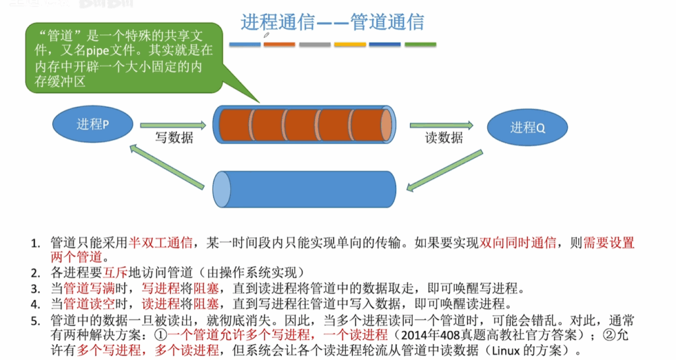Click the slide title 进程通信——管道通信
click(x=333, y=22)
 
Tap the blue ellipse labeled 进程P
click(x=92, y=124)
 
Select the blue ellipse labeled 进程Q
click(x=527, y=127)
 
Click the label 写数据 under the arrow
click(x=174, y=137)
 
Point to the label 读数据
click(x=444, y=137)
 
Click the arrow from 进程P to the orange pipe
click(x=174, y=126)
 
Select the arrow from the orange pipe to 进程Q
click(x=442, y=126)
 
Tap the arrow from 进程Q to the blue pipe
click(x=444, y=170)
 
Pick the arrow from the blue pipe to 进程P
click(x=167, y=167)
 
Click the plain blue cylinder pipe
click(x=304, y=190)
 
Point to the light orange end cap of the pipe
click(x=386, y=125)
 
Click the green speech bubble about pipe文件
click(x=124, y=58)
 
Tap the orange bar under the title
click(x=279, y=44)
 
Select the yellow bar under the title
click(x=350, y=44)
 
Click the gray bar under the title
click(x=315, y=44)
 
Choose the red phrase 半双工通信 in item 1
click(x=160, y=242)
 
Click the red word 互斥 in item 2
click(x=116, y=273)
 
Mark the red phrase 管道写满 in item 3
click(x=89, y=288)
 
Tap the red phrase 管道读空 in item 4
click(x=89, y=304)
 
